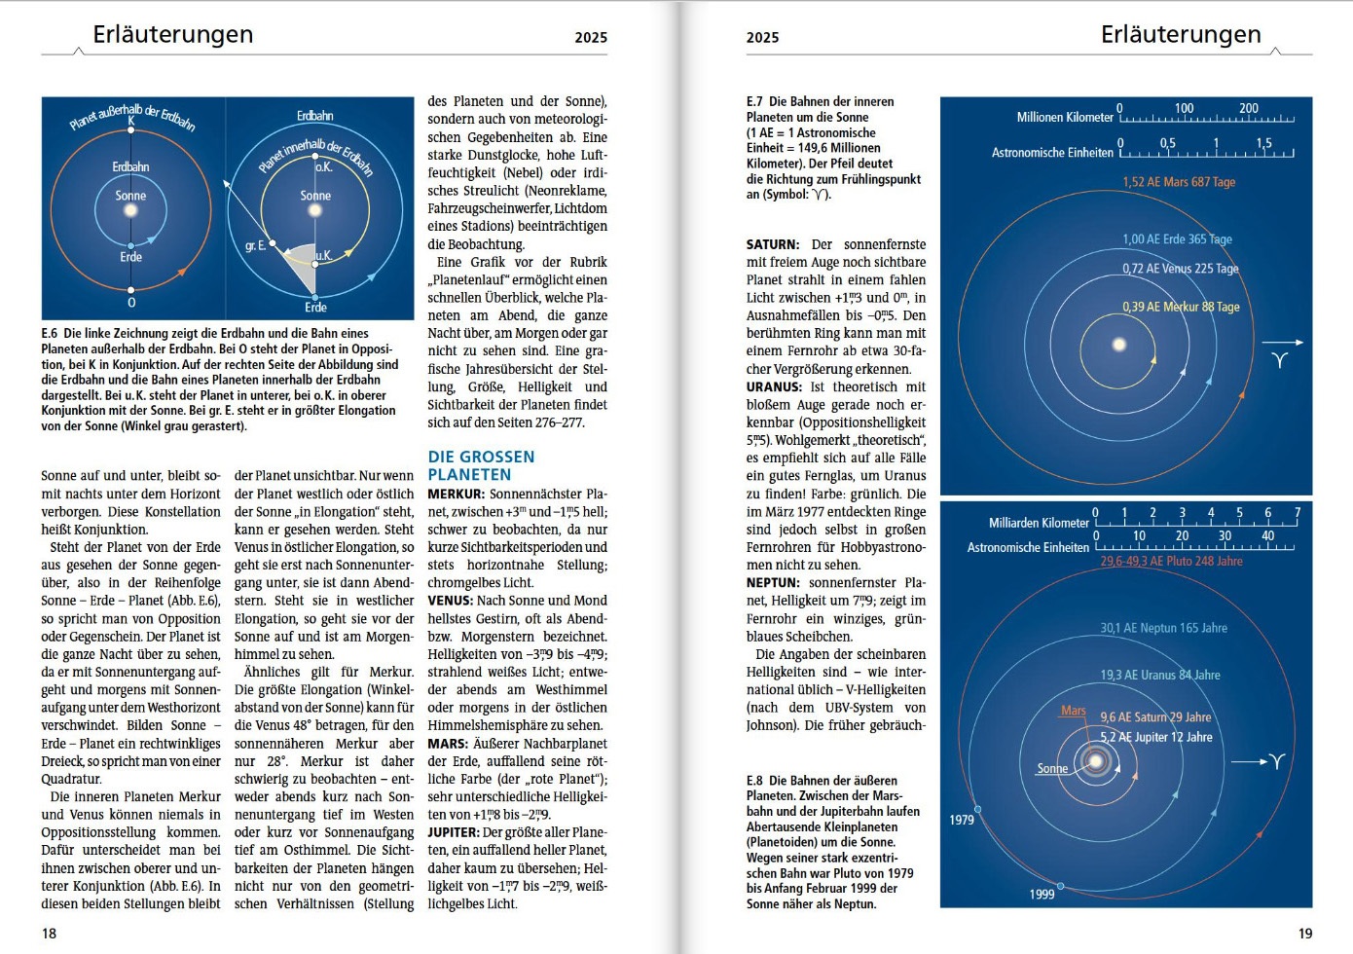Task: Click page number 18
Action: (49, 933)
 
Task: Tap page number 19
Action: (1305, 933)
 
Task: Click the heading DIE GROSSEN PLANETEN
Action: (481, 465)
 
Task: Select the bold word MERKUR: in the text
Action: (456, 494)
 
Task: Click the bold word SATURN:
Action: (773, 244)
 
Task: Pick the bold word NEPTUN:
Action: (773, 582)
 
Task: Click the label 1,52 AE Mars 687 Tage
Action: (1178, 182)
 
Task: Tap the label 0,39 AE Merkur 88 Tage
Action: (1181, 307)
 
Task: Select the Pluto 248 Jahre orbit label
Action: (1171, 561)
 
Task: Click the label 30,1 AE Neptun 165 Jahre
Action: (1163, 628)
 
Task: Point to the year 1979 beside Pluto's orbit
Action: (962, 820)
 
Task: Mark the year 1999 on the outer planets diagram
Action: (1042, 894)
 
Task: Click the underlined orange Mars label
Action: (1074, 711)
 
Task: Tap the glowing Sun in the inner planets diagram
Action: (1119, 344)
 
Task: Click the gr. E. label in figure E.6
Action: (256, 246)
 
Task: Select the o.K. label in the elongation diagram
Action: (323, 166)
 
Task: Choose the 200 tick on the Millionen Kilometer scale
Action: (1248, 108)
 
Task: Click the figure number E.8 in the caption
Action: (754, 780)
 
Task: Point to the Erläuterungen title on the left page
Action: (173, 34)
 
